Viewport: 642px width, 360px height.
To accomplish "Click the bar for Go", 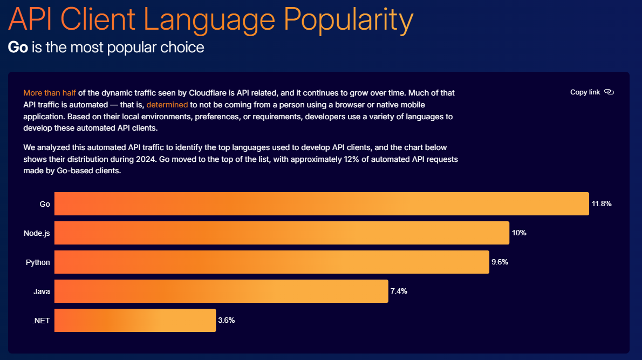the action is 322,203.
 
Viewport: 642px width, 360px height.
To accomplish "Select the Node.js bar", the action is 282,233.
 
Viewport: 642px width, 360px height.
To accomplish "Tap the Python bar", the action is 272,262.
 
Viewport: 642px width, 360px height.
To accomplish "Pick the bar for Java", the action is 221,291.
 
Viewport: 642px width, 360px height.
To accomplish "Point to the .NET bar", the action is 135,320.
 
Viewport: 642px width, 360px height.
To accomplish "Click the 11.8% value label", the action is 602,203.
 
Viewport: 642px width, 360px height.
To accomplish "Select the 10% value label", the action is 519,233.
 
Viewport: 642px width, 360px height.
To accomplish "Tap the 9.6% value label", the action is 500,262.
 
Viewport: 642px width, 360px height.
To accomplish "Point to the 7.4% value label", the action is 399,291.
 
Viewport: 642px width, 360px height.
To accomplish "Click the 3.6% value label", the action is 227,320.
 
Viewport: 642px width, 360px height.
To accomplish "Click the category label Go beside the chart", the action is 45,204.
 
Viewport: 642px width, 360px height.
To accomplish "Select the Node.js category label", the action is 37,234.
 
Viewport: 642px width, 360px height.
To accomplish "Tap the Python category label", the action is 38,262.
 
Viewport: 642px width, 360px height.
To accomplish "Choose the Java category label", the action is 42,291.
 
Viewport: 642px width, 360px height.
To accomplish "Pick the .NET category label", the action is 41,321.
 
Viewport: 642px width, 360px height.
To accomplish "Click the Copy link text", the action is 585,92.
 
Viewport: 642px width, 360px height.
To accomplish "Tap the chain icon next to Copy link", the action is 609,92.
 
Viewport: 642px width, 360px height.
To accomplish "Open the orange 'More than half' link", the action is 50,93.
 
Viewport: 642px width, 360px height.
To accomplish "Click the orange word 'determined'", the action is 167,105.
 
